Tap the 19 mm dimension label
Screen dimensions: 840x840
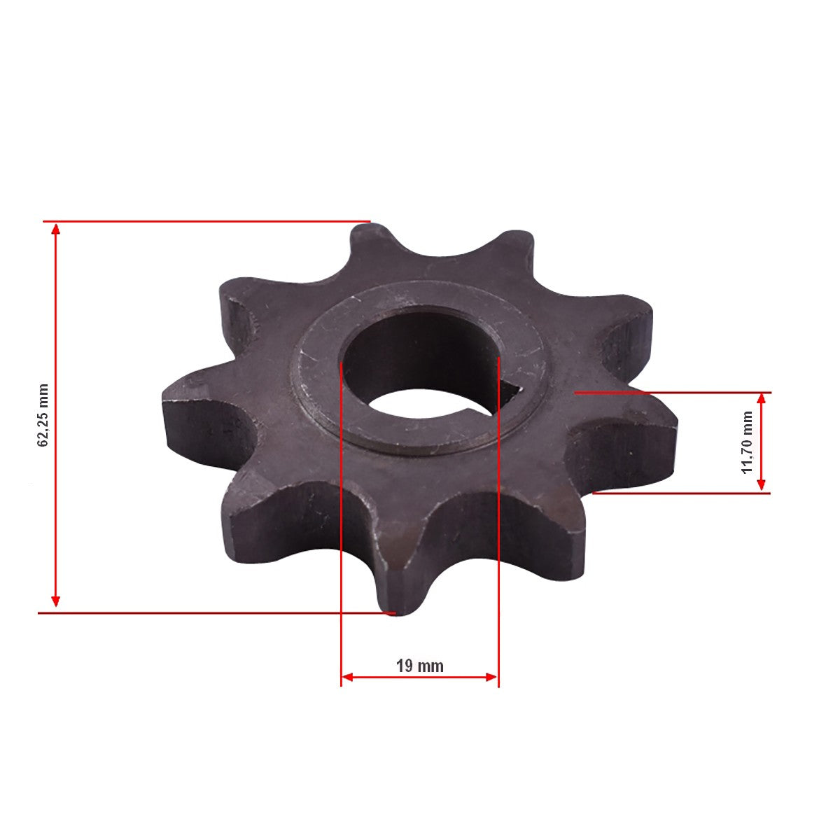coord(420,666)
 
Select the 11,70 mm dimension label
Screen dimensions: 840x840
coord(748,442)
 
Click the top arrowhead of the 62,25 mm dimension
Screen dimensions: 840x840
coord(56,227)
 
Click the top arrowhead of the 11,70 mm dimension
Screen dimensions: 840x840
coord(762,398)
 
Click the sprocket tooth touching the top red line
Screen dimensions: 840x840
coord(369,241)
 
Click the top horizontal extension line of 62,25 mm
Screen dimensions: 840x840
coord(210,221)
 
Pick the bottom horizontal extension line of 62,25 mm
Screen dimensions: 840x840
coord(210,612)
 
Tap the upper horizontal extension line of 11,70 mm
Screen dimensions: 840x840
coord(672,393)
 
